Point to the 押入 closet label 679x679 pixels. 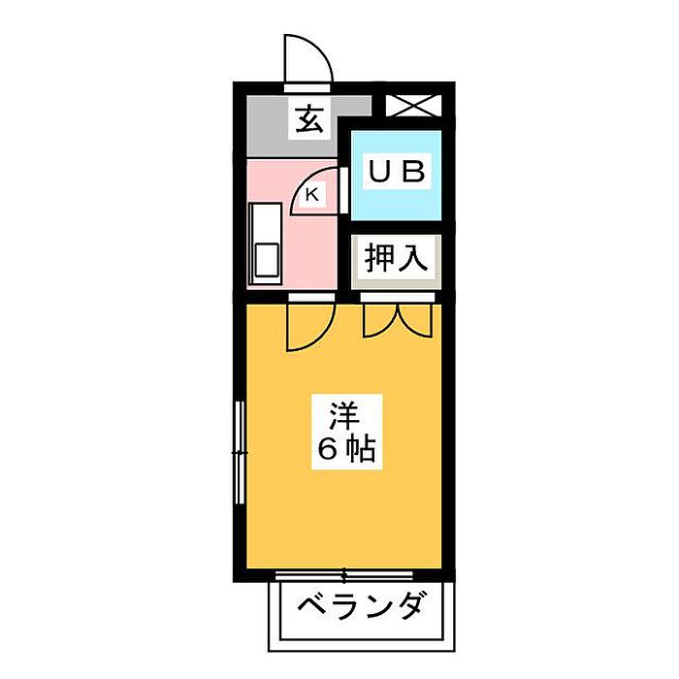click(395, 259)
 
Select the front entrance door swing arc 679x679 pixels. click(308, 60)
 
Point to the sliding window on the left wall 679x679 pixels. click(239, 451)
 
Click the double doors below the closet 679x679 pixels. click(396, 320)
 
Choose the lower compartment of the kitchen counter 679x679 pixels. click(265, 261)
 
